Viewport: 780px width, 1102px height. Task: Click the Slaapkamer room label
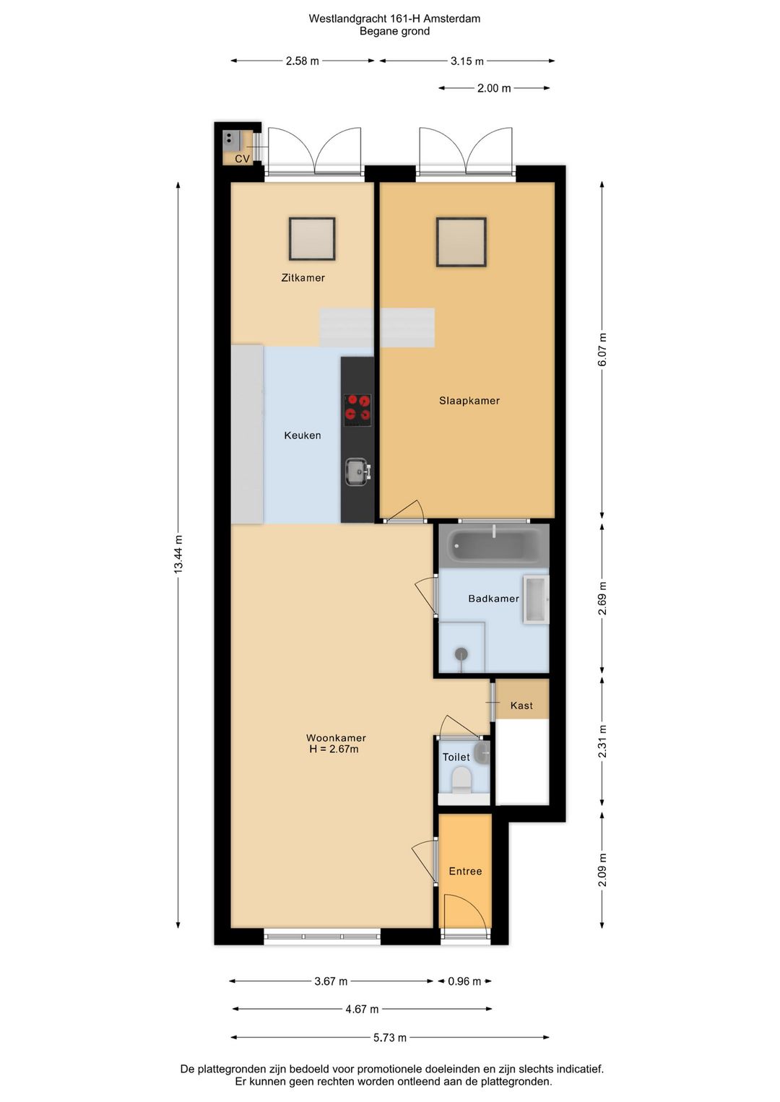point(469,401)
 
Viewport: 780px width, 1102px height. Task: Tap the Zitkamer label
point(303,278)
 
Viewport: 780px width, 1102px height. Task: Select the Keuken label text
point(302,435)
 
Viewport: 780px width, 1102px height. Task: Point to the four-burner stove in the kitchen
point(357,407)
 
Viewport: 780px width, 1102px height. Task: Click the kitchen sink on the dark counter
point(357,472)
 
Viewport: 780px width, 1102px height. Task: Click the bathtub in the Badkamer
point(494,545)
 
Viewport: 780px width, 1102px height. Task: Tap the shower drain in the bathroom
point(461,654)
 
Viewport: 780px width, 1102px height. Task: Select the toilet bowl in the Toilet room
point(461,781)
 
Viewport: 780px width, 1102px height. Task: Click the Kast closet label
point(521,706)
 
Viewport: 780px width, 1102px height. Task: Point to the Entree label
point(465,872)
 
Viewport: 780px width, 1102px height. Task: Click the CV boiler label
point(242,159)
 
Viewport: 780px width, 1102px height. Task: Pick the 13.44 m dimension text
point(178,555)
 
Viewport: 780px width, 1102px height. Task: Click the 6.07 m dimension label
point(602,350)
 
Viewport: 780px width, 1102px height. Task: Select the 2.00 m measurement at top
point(494,88)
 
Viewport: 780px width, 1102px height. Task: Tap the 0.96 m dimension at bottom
point(464,981)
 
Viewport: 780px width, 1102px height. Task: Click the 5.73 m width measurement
point(390,1038)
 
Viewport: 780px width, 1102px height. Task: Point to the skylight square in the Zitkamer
point(312,239)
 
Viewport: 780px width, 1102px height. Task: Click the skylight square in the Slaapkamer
point(461,242)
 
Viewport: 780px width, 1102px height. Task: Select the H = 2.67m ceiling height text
point(334,750)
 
